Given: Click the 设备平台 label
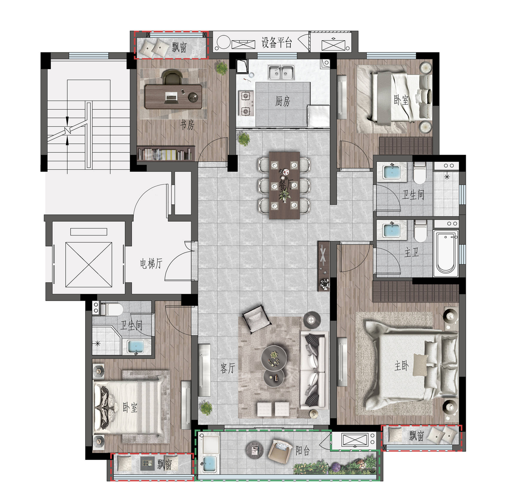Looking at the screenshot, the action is (277, 43).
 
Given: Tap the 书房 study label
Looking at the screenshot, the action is (187, 124).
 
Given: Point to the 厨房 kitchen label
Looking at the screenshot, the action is (283, 101).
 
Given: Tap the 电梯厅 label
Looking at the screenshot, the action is (151, 264).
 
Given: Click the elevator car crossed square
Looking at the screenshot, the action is (89, 265).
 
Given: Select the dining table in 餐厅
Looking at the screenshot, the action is (284, 185).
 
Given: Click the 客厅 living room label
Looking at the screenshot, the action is (227, 368).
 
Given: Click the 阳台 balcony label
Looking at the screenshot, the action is (302, 450).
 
